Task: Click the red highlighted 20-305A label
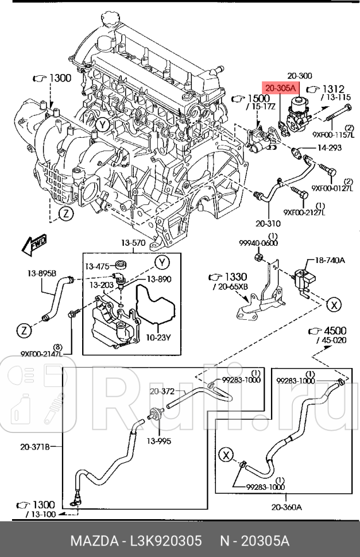(280, 88)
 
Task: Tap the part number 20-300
(299, 76)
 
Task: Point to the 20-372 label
(161, 391)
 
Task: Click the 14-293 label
(331, 148)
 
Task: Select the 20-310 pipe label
(268, 224)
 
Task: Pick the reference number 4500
(336, 331)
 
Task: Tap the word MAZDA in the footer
(91, 541)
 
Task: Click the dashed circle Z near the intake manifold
(67, 214)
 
